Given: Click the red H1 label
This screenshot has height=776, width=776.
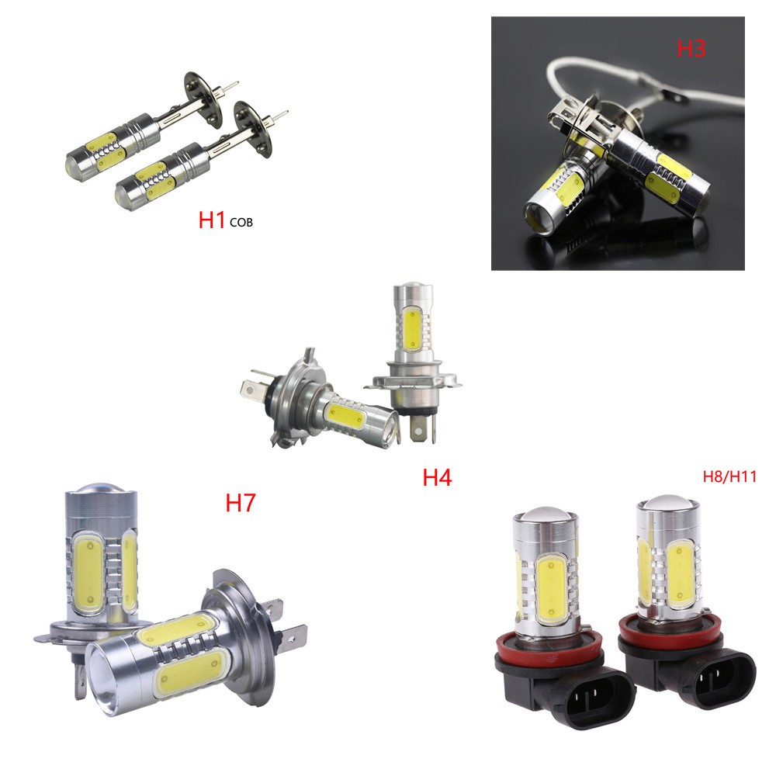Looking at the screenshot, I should coord(212,220).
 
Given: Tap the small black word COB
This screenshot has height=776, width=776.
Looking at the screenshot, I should coord(241,223).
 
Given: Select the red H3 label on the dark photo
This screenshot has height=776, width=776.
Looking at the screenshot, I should coord(691,48).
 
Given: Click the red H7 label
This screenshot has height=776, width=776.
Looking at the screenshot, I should coord(240,503).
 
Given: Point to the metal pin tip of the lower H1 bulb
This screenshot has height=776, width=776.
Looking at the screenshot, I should coord(285,112).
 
